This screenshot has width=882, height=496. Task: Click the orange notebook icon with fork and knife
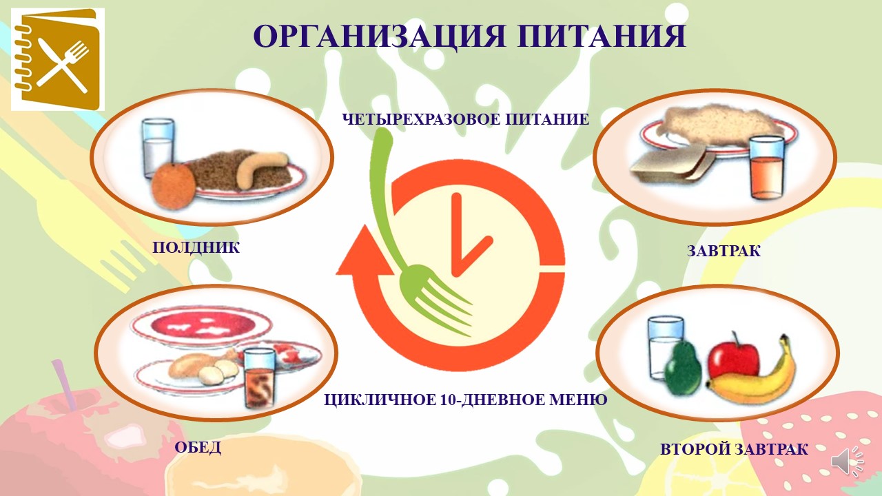point(58,59)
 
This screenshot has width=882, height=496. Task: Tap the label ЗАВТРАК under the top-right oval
point(724,251)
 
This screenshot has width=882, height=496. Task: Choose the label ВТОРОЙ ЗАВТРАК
point(734,450)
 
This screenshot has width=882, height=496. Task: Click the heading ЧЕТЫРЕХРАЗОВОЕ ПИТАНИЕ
point(466,119)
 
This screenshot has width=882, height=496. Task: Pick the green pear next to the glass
point(683,366)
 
